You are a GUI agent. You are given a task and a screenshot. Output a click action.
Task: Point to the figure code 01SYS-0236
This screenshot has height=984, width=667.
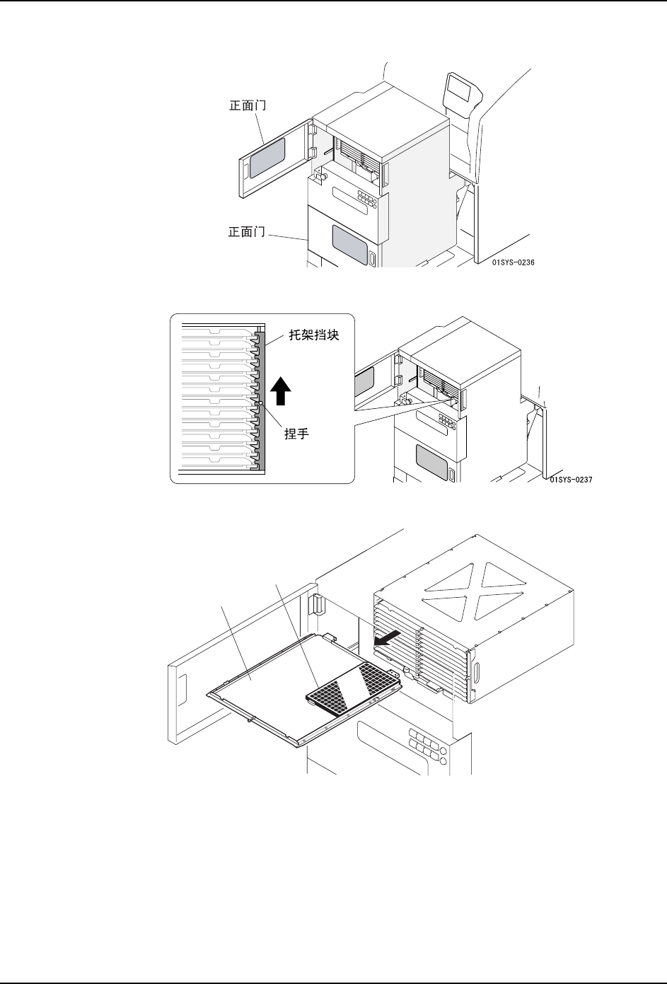[514, 262]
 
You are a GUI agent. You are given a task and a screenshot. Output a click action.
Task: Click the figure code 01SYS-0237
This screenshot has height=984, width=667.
[570, 479]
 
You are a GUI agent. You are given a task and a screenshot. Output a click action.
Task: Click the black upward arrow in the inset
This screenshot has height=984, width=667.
[282, 391]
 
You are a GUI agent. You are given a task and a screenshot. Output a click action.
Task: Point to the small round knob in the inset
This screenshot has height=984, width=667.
[261, 403]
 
